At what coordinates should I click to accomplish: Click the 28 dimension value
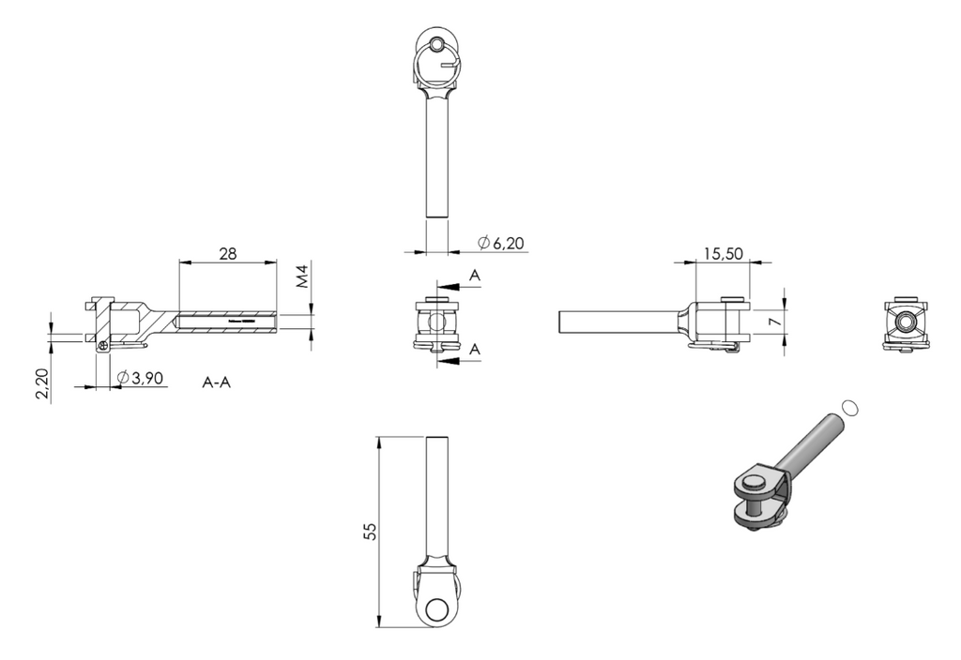[x=227, y=253]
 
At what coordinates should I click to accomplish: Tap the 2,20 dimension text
[x=41, y=383]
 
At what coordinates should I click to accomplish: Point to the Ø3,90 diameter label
[x=141, y=378]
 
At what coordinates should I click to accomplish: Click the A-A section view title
[x=217, y=382]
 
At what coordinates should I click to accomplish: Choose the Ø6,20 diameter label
[x=501, y=243]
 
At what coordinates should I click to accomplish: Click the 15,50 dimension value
[x=724, y=253]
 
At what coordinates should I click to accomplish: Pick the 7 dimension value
[x=776, y=321]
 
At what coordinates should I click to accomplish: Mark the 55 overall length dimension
[x=370, y=531]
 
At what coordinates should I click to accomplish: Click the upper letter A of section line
[x=475, y=276]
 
